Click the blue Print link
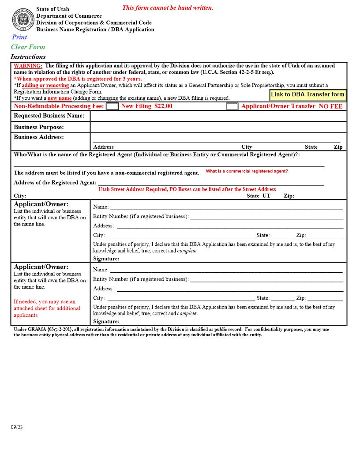coord(19,37)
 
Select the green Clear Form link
coord(28,47)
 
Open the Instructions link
coord(28,56)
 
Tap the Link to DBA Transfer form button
coord(307,94)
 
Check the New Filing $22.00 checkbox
coord(112,106)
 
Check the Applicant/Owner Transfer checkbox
coord(232,106)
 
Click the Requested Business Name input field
coord(218,116)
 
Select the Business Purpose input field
coord(218,127)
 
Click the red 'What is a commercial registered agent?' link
coord(247,171)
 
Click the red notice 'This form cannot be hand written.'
coord(167,8)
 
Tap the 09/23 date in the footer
coord(17,427)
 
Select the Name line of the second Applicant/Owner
coord(226,270)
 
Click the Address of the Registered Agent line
coord(210,183)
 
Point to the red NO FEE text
coord(330,106)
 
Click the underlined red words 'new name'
coord(60,98)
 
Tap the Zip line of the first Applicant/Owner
coord(325,235)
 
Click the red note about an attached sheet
coord(46,308)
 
